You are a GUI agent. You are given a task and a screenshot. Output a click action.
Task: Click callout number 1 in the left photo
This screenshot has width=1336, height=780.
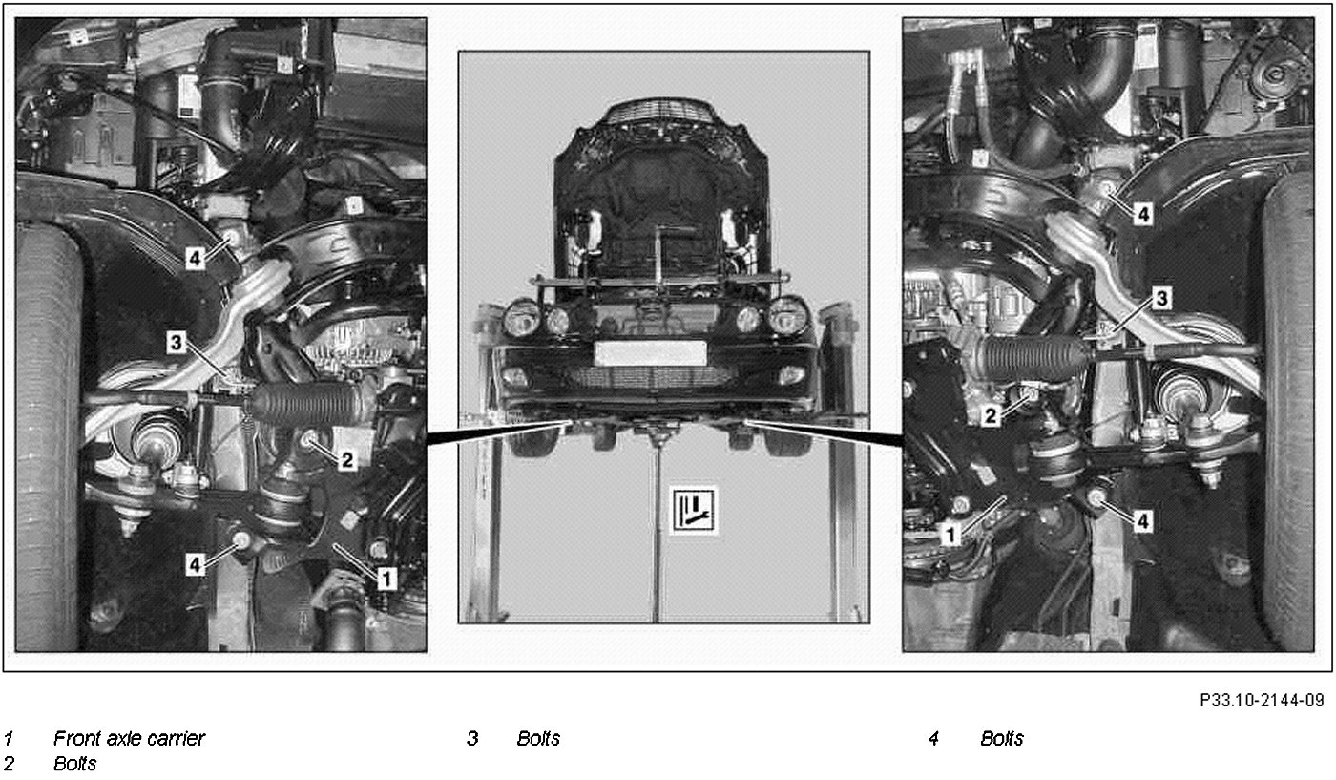(386, 579)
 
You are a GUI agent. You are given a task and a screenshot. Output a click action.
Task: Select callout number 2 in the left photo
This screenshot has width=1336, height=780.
(346, 459)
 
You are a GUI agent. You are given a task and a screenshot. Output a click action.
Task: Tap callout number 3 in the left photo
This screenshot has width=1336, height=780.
(176, 343)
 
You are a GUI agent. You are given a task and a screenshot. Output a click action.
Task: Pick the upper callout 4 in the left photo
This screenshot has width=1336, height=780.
(195, 259)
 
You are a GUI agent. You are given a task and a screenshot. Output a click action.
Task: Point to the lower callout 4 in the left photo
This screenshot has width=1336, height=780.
(195, 564)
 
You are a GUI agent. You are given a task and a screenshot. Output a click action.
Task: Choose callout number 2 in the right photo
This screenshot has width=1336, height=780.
(991, 415)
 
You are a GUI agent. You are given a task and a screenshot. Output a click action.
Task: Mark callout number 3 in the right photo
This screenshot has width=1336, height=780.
(1161, 298)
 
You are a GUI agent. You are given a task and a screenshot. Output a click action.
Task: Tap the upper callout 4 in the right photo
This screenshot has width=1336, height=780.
(1143, 214)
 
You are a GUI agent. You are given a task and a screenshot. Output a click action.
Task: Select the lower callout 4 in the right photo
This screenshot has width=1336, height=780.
(1142, 521)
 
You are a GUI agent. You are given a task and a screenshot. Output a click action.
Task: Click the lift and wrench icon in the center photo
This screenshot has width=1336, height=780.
(693, 510)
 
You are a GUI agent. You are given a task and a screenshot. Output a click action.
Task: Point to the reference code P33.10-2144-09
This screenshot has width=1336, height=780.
(1262, 700)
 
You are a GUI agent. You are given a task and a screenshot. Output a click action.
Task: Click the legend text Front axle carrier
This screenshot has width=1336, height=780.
(130, 739)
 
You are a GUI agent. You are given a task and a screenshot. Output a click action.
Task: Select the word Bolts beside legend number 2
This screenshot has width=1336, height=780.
(75, 764)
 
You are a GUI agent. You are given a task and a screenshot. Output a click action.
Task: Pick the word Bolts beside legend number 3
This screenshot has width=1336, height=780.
(538, 739)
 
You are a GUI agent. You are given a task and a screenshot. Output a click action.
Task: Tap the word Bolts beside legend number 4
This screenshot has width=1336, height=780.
(1002, 739)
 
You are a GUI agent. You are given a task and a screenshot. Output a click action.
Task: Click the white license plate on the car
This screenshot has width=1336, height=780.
(650, 352)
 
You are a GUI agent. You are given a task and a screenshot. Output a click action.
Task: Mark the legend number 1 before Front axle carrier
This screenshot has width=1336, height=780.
(9, 739)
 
